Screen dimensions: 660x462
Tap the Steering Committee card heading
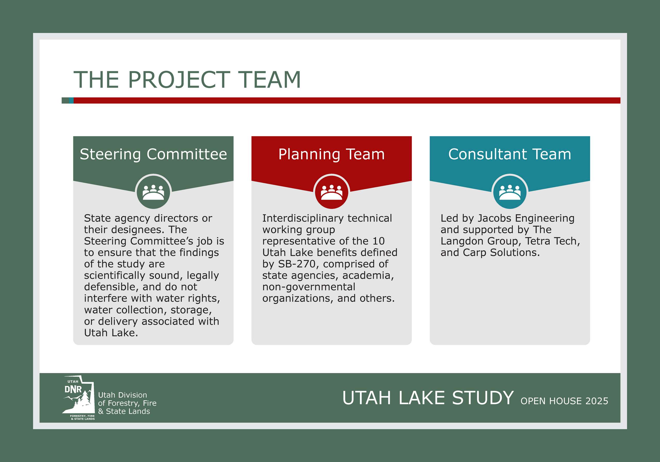(x=153, y=154)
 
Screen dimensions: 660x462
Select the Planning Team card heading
(x=332, y=154)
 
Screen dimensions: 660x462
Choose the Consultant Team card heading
(x=510, y=154)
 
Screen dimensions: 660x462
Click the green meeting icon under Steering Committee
(x=153, y=192)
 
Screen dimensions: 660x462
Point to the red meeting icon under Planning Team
(x=332, y=192)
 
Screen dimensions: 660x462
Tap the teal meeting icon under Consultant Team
(x=510, y=192)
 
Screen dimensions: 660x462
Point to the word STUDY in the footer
(x=483, y=398)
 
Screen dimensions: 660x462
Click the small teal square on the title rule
(x=71, y=100)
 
